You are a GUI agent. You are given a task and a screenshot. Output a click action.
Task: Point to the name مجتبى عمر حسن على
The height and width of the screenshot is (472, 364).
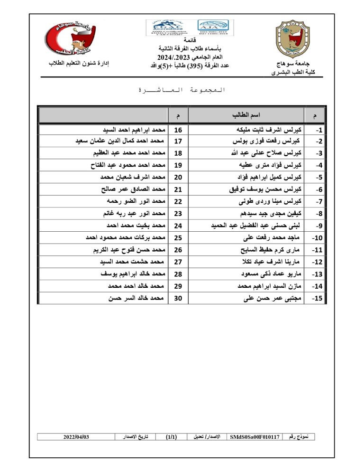tap(273, 299)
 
